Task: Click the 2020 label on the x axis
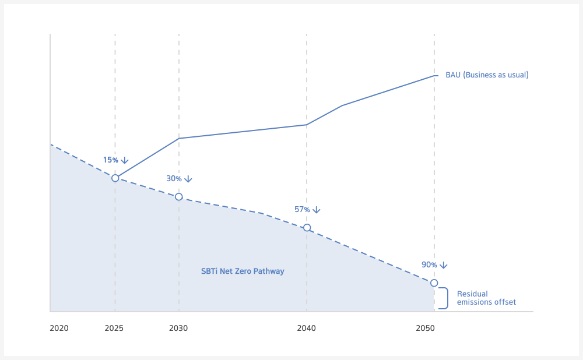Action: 59,328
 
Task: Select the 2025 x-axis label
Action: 114,328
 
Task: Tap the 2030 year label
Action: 178,328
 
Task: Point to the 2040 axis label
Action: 307,328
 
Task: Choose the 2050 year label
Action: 426,328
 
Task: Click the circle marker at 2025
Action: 115,178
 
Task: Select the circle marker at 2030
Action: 179,197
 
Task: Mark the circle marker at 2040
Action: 307,228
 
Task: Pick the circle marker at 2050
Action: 434,283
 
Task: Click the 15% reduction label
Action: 110,160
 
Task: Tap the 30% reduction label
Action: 174,179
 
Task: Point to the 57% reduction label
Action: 302,210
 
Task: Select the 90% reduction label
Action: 429,265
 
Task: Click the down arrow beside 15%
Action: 125,161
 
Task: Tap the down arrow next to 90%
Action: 444,265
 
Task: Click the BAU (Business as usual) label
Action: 487,75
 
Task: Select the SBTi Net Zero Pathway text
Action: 243,271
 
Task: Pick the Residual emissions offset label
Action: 486,298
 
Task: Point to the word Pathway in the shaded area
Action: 269,271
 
